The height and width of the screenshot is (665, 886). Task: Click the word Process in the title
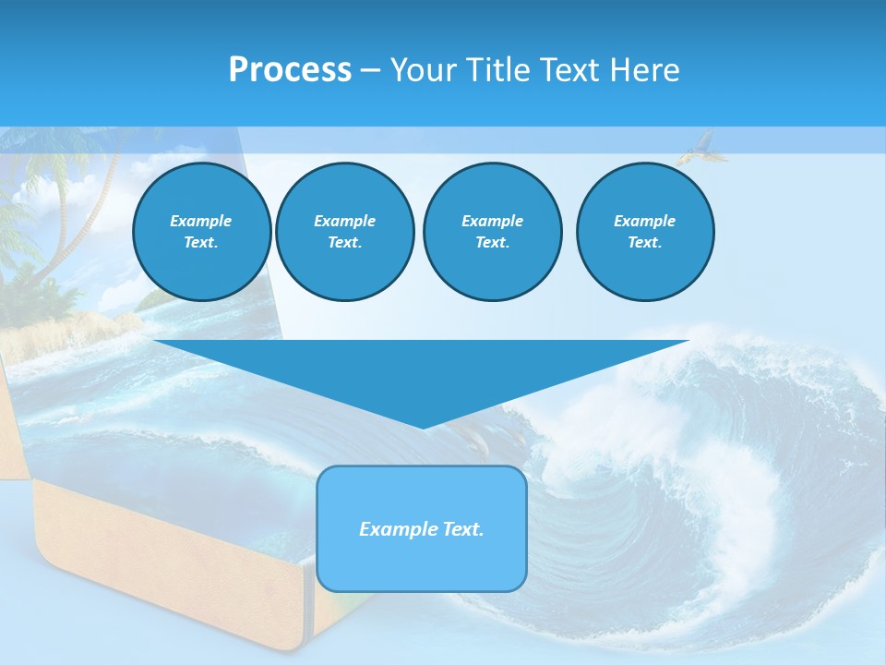(x=290, y=69)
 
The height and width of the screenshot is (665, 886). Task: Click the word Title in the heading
(x=497, y=69)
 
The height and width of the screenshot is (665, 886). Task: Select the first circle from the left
(x=201, y=231)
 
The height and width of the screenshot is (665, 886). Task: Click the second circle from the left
(x=344, y=231)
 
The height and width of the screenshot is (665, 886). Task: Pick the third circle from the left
(x=492, y=231)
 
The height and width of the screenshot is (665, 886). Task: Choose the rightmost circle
(x=644, y=231)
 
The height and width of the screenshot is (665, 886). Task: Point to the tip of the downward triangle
(x=423, y=427)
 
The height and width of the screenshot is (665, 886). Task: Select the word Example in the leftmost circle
(x=201, y=221)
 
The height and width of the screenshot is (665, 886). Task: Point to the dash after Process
(x=370, y=70)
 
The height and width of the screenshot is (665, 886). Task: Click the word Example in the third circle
(x=492, y=221)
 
